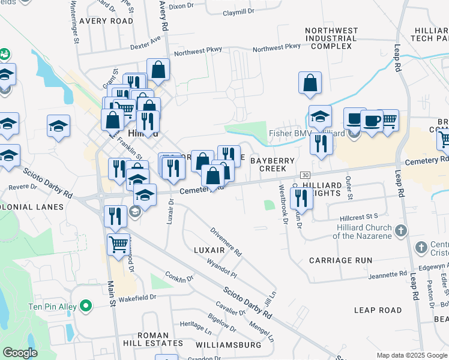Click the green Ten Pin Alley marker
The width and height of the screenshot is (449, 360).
tap(86, 307)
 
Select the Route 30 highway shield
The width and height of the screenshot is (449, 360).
tap(305, 175)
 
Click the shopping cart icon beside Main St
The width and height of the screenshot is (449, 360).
tap(119, 244)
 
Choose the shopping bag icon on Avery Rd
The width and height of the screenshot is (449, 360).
tap(158, 70)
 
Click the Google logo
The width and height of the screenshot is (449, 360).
tap(20, 352)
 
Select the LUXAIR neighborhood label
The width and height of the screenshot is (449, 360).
tap(209, 249)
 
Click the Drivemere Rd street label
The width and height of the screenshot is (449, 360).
tap(226, 242)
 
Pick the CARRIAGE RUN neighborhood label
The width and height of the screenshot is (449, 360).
tap(340, 260)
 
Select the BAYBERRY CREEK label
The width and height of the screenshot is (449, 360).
tap(273, 165)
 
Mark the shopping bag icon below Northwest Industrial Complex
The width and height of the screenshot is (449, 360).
tap(310, 84)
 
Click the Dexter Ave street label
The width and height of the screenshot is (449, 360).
tap(146, 44)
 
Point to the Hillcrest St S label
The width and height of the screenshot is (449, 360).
tap(358, 215)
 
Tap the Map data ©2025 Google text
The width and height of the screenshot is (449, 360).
tap(412, 355)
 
